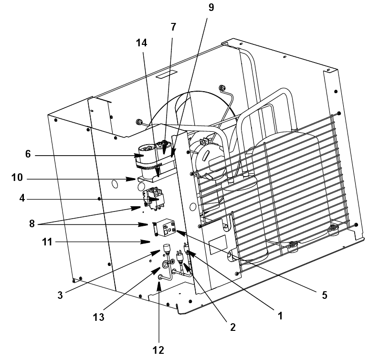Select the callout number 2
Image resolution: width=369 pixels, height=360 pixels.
click(232, 328)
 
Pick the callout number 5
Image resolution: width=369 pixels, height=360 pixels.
click(324, 295)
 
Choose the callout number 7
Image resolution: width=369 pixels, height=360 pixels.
click(173, 27)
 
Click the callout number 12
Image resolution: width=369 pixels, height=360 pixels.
click(158, 350)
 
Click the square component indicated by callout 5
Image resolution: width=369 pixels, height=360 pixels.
click(168, 228)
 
